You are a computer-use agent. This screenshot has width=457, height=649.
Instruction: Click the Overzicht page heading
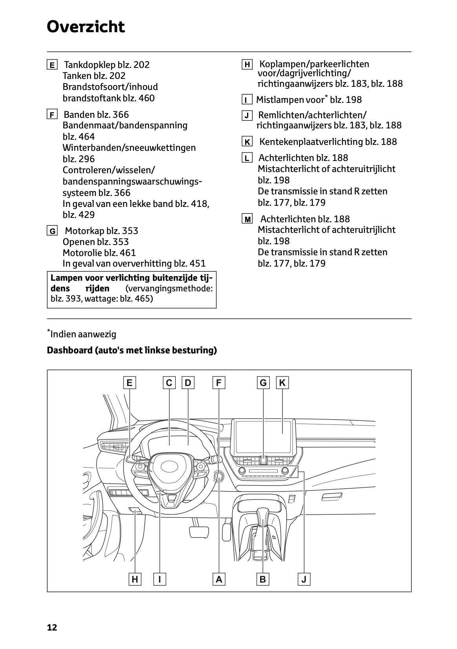tap(86, 27)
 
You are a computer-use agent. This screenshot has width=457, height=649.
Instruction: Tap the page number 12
tap(52, 627)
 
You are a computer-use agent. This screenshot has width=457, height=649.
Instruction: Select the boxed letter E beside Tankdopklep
tap(52, 65)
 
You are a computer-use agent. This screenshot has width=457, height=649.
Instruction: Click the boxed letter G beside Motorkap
tap(52, 231)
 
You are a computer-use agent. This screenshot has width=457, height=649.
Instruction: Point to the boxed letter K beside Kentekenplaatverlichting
tap(247, 142)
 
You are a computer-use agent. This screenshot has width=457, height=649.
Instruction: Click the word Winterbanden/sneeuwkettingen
tap(129, 148)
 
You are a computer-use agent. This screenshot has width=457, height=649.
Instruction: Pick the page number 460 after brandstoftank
tap(146, 98)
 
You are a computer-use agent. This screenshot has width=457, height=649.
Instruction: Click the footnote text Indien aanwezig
tap(83, 334)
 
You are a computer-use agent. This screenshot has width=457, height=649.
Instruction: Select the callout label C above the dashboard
tap(169, 382)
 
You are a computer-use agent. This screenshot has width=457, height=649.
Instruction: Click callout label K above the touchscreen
tap(282, 382)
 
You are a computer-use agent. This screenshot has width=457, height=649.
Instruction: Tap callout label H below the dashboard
tap(135, 579)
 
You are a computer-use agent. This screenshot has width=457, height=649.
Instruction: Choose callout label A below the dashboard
tap(219, 579)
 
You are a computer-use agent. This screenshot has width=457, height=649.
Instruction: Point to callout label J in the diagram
tap(304, 579)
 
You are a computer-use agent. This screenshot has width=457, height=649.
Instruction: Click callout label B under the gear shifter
tap(263, 579)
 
